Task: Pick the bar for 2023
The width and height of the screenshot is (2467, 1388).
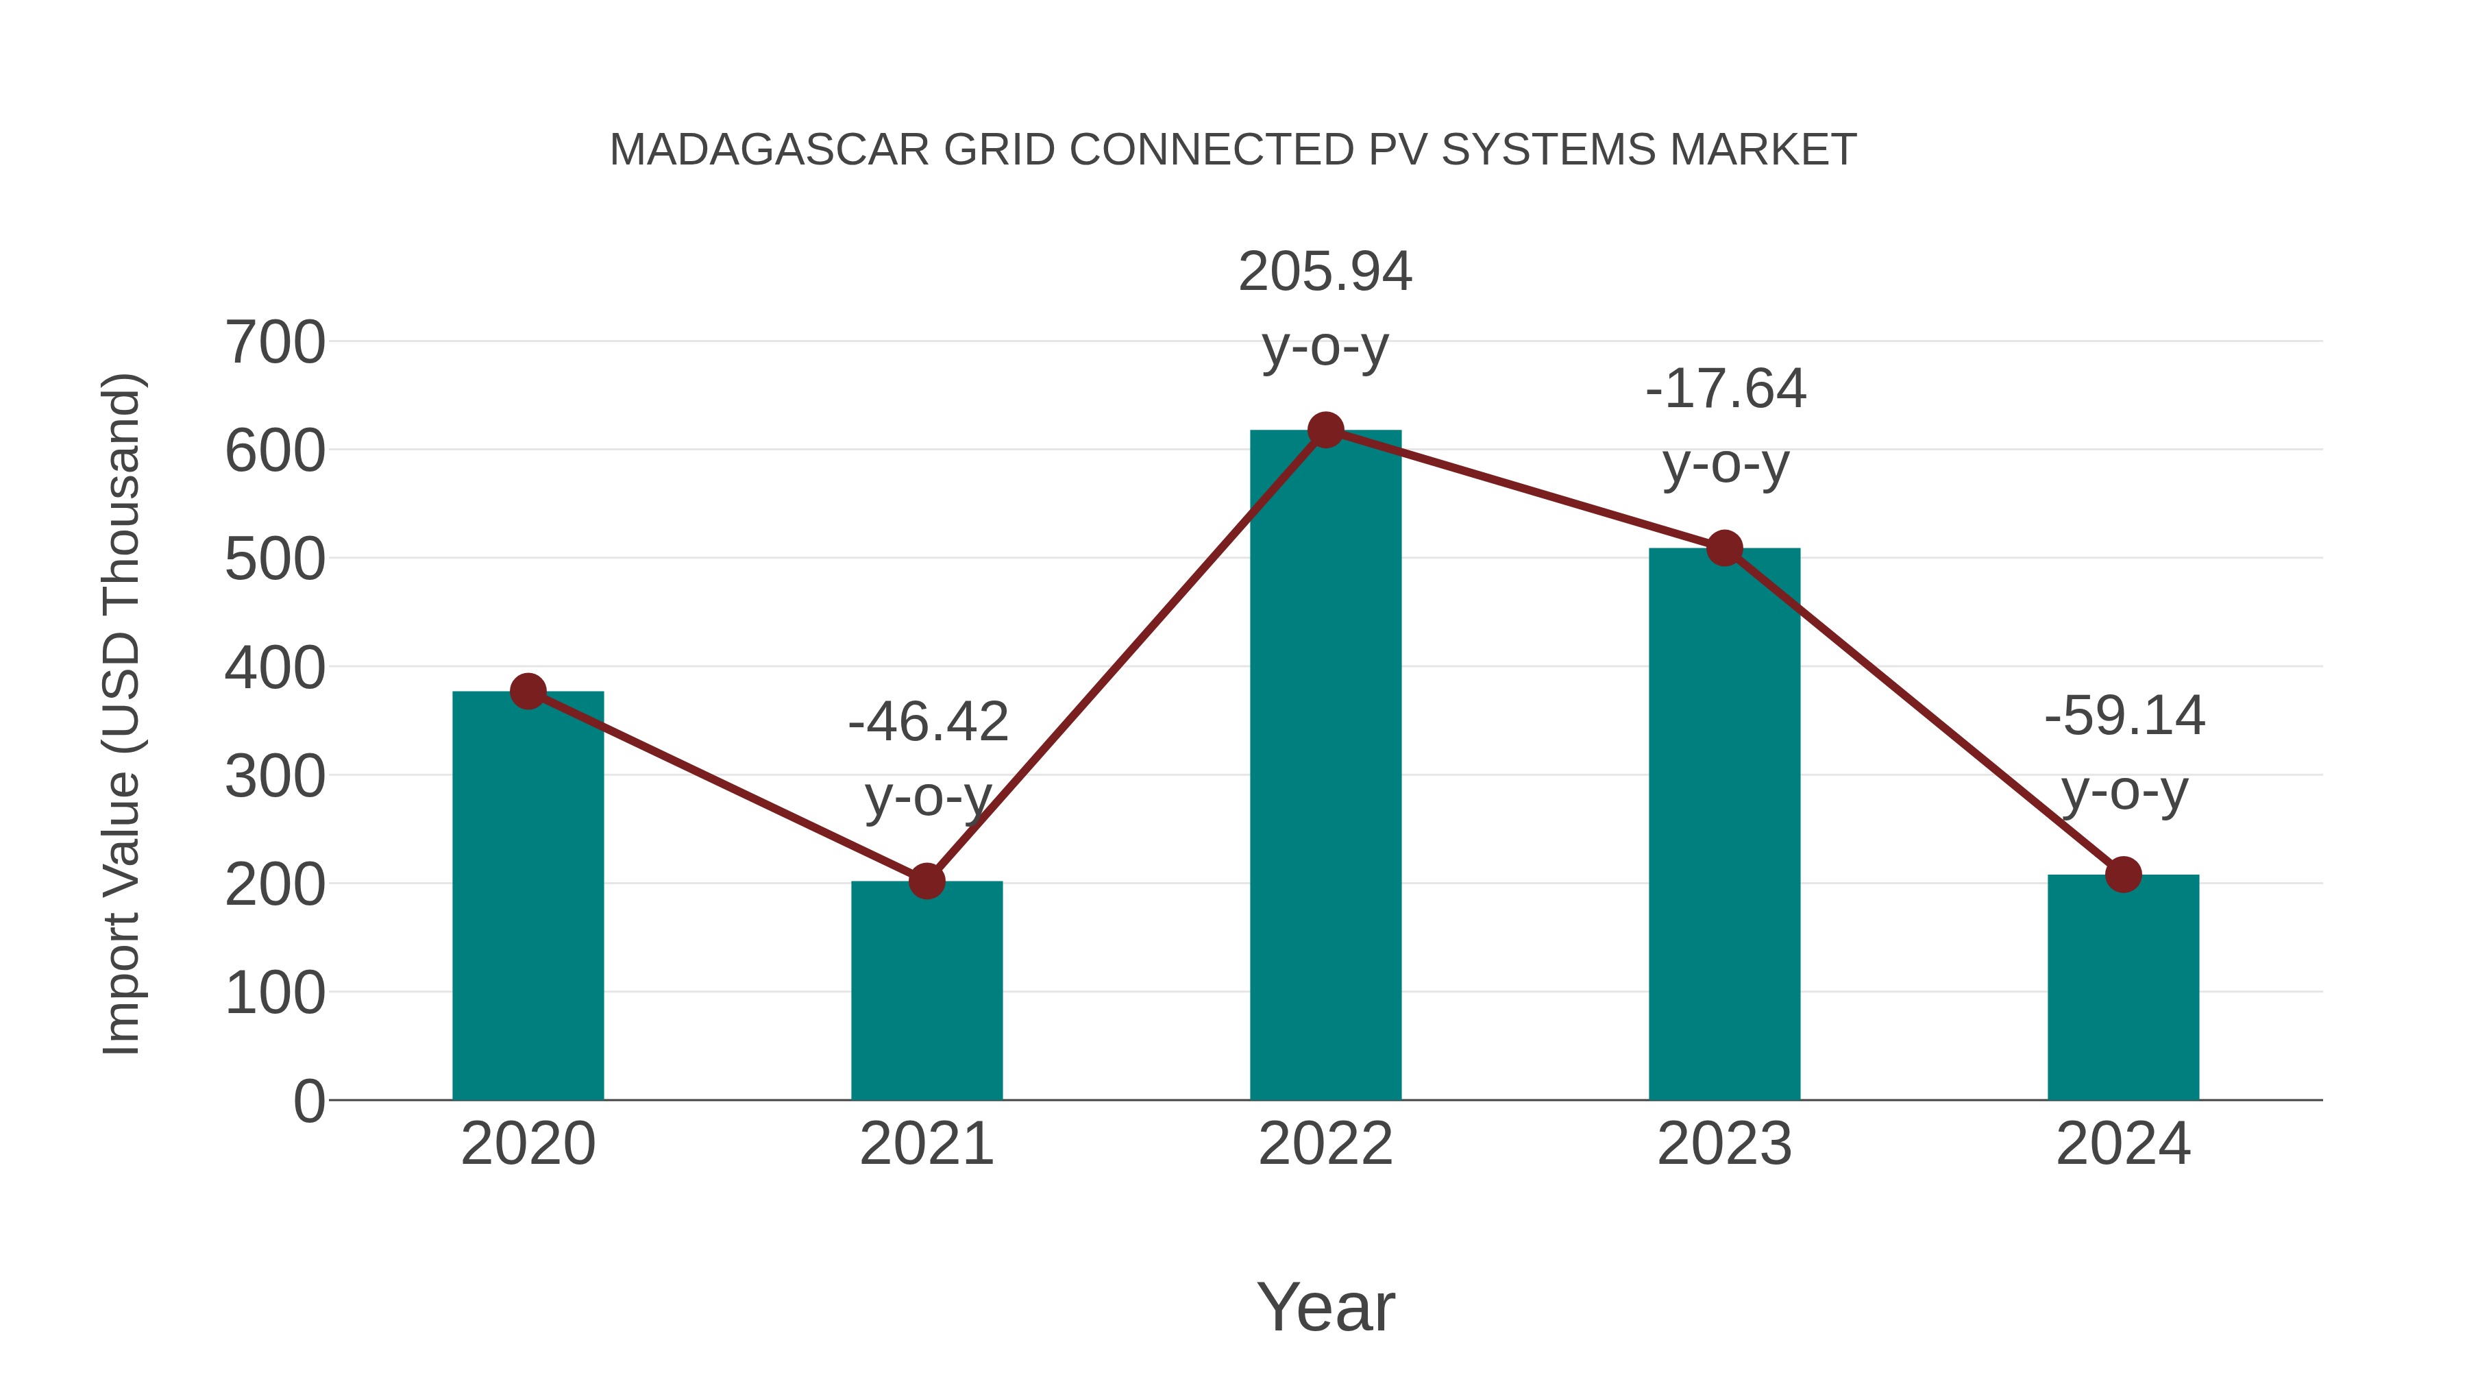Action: [x=1724, y=824]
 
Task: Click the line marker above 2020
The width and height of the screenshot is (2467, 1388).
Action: [x=528, y=691]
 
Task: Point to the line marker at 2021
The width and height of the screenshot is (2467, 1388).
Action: [x=926, y=880]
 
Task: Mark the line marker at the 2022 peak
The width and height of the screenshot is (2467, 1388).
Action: [x=1325, y=430]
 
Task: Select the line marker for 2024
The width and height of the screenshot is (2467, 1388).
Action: [x=2122, y=874]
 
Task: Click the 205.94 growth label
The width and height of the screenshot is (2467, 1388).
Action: [x=1325, y=272]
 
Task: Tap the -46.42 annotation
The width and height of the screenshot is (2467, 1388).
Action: [x=927, y=722]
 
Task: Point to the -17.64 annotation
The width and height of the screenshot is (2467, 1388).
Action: [x=1725, y=390]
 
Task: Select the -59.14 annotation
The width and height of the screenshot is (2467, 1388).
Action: [x=2124, y=716]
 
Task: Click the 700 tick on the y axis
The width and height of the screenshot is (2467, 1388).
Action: [x=275, y=343]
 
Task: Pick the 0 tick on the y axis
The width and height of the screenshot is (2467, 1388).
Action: [x=308, y=1101]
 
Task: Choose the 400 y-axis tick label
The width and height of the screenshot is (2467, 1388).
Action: [x=275, y=668]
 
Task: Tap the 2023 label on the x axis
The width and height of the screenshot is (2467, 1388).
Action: [x=1724, y=1145]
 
